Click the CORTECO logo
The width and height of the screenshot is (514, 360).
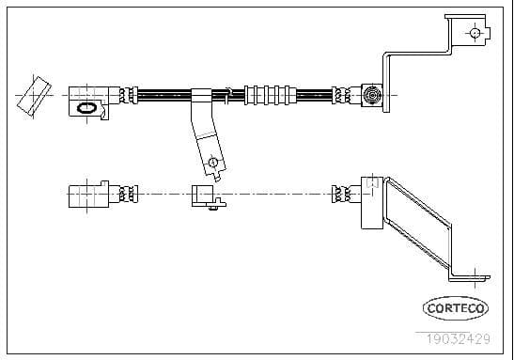click(x=456, y=307)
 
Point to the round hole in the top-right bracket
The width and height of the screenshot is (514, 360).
click(x=475, y=34)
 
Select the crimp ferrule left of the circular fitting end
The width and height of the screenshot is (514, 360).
click(x=343, y=94)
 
